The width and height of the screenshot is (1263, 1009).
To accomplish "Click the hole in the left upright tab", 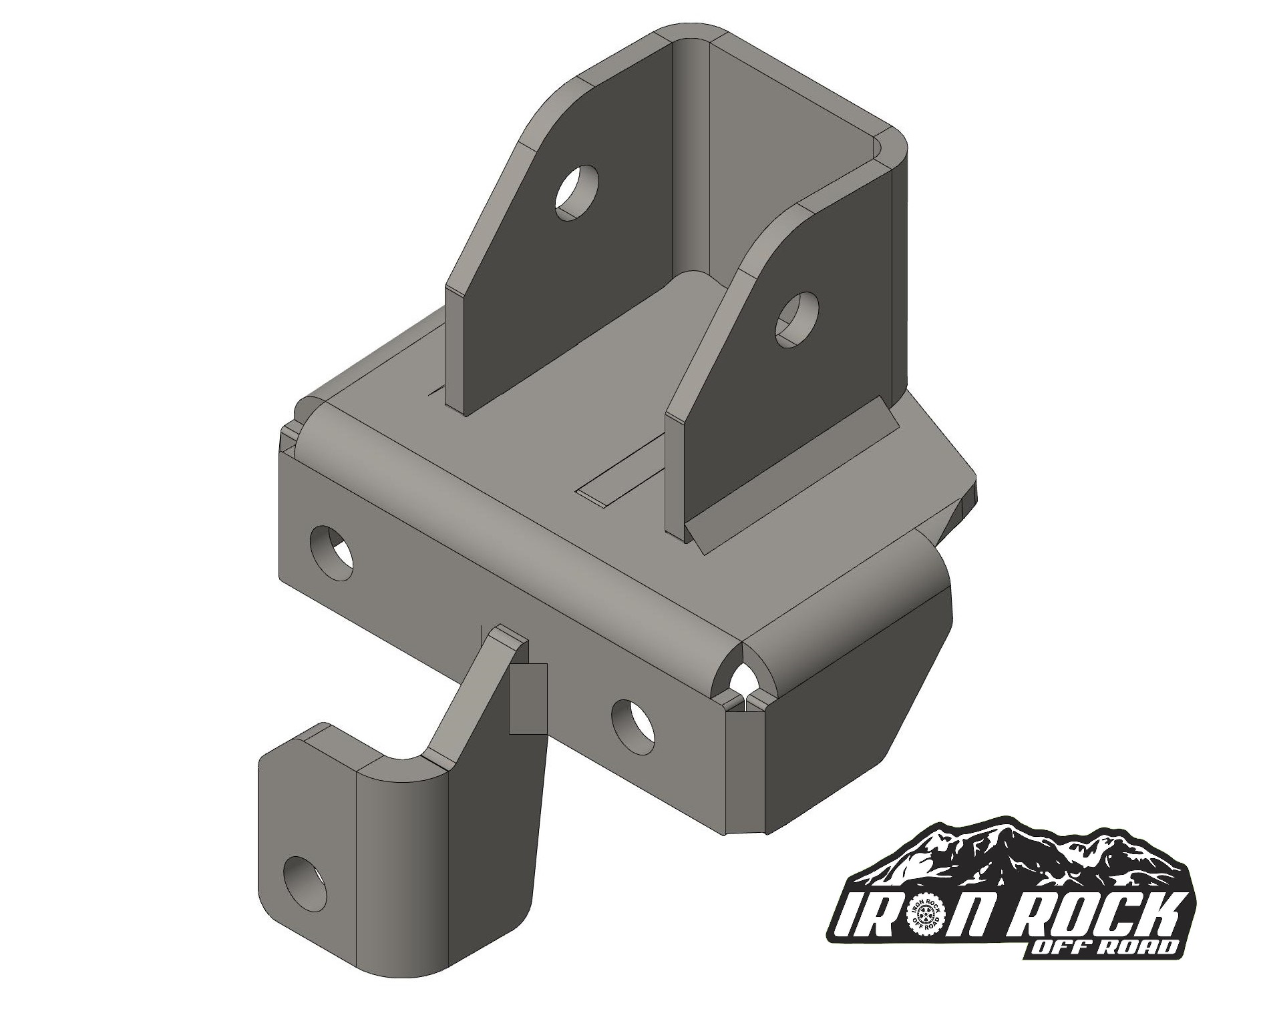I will (x=577, y=191).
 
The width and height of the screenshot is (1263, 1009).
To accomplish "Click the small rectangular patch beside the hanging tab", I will (x=528, y=698).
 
